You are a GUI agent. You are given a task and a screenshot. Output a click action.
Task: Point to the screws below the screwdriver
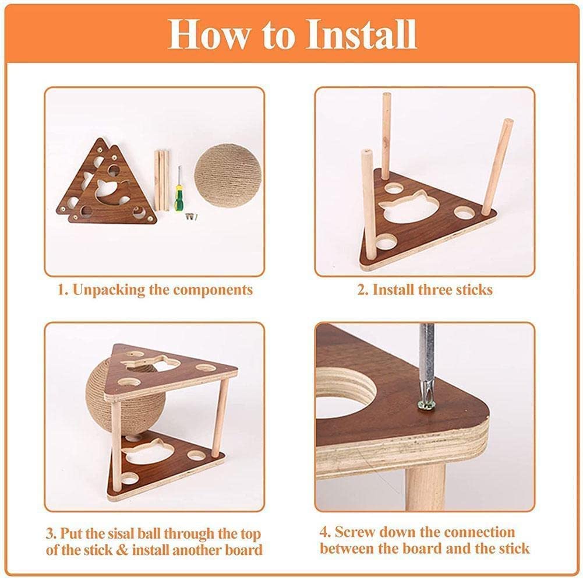pyautogui.click(x=191, y=216)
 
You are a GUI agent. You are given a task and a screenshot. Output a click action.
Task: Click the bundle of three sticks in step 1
pyautogui.click(x=161, y=180)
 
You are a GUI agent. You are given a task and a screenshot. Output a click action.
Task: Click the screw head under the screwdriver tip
pyautogui.click(x=426, y=404)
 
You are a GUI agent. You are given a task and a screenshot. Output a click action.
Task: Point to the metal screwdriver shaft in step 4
pyautogui.click(x=426, y=356)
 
